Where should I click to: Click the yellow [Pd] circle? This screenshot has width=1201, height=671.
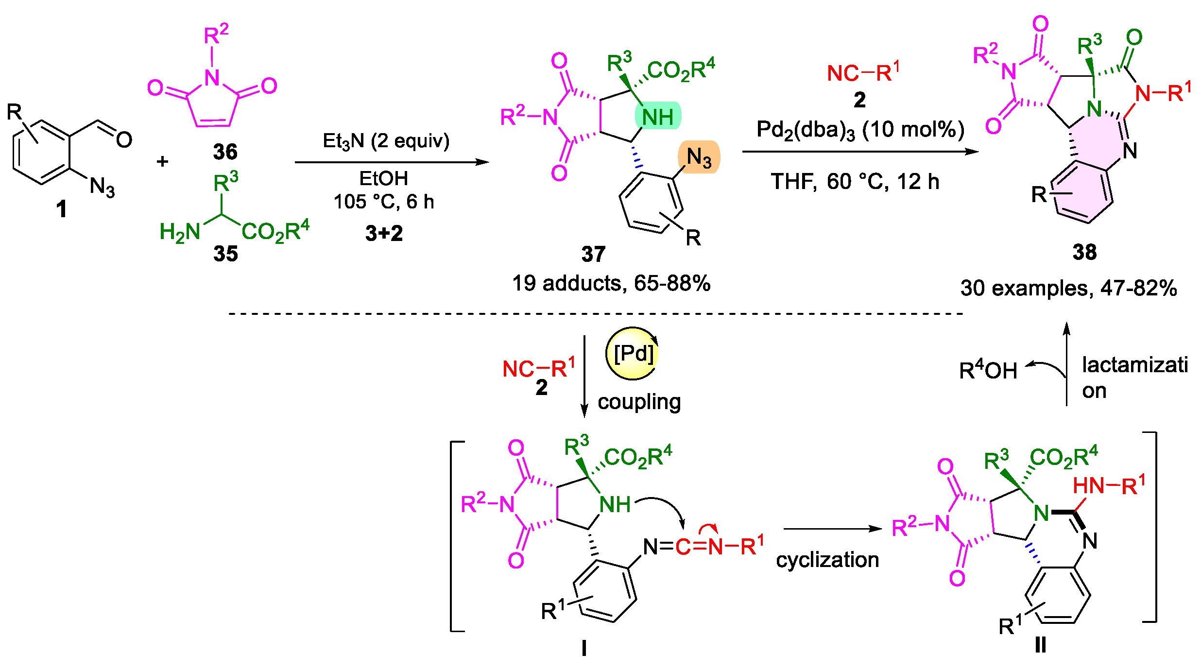pos(632,353)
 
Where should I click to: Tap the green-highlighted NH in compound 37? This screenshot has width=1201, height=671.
pos(658,117)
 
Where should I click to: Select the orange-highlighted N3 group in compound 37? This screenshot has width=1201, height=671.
pos(699,157)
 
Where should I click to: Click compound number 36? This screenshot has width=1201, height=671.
pos(225,152)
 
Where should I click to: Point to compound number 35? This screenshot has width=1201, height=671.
pos(225,254)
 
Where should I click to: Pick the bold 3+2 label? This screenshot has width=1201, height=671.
pos(384,233)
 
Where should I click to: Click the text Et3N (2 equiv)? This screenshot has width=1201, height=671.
pos(386,141)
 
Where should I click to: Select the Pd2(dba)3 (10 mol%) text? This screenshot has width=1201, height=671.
pos(860,130)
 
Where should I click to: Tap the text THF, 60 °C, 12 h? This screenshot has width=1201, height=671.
pos(855,182)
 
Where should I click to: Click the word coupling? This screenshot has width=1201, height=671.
pos(639,402)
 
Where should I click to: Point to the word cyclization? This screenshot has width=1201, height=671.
pos(827,560)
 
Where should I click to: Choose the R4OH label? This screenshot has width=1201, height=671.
pos(988,370)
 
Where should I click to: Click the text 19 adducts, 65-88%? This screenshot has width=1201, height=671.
pos(611,283)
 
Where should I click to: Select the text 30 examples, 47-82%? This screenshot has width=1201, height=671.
pos(1068,288)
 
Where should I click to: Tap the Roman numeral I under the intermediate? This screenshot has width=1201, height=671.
pos(583,648)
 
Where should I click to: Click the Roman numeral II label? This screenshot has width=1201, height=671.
pos(1040,645)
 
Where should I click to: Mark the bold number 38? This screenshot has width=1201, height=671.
pos(1084,252)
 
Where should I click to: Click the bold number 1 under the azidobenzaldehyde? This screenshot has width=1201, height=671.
pos(61,209)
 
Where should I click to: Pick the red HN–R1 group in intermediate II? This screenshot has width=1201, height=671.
pos(1109,485)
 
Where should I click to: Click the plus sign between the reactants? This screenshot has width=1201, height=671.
pos(162,161)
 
